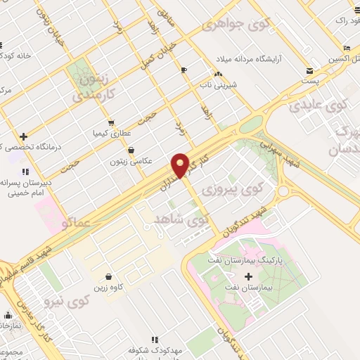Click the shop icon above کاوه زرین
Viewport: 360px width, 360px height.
click(x=108, y=276)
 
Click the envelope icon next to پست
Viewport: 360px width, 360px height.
click(x=309, y=70)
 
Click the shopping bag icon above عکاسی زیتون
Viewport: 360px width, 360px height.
click(x=131, y=149)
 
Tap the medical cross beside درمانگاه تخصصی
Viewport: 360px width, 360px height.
click(x=24, y=136)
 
